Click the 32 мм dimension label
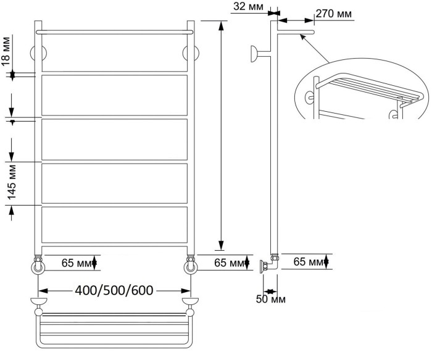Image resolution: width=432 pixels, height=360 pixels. tap(248, 6)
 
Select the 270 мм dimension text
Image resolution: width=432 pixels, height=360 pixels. tap(334, 14)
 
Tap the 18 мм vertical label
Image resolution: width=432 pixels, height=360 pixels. tap(6, 51)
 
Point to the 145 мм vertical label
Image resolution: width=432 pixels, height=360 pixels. tap(12, 182)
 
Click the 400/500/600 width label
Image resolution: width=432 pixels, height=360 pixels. tap(114, 290)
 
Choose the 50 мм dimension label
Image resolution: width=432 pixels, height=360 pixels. tap(270, 299)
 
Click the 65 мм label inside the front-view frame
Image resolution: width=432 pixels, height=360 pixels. tap(77, 263)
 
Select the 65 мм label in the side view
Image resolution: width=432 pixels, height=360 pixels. tap(309, 262)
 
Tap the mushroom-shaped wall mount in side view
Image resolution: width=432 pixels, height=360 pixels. tap(254, 54)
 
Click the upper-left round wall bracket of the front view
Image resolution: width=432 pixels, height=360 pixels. tap(38, 53)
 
